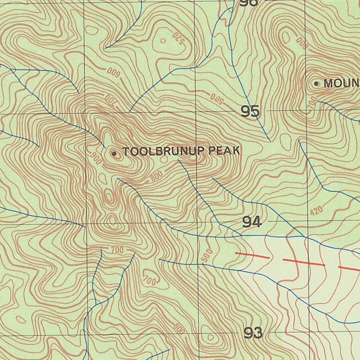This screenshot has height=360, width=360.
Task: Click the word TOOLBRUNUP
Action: click(x=163, y=152)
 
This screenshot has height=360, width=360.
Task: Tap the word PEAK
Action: click(x=224, y=151)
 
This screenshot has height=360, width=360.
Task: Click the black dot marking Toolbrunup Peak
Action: click(x=114, y=153)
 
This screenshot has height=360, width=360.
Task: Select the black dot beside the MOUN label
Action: click(x=316, y=84)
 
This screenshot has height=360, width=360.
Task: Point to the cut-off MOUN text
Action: click(x=341, y=84)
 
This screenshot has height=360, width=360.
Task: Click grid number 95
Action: click(x=250, y=112)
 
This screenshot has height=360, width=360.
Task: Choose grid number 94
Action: click(x=252, y=222)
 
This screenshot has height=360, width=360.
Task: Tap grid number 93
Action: click(x=253, y=333)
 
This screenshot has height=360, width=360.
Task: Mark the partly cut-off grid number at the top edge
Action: click(x=249, y=3)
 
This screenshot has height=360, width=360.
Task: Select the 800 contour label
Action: click(x=156, y=176)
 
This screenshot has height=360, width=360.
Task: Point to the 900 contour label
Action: click(x=96, y=159)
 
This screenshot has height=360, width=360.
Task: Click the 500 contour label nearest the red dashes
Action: click(x=207, y=256)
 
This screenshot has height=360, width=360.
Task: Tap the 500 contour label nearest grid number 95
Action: click(x=217, y=99)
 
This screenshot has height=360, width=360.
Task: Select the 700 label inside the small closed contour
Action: click(x=149, y=280)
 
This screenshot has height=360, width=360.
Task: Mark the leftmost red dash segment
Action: click(x=252, y=255)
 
